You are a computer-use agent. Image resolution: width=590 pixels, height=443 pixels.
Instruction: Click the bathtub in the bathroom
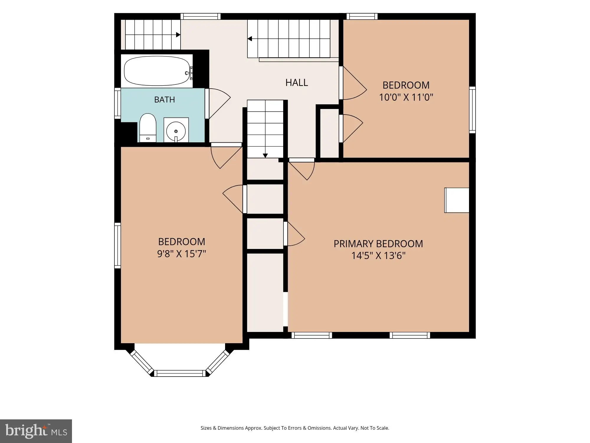pyautogui.click(x=157, y=71)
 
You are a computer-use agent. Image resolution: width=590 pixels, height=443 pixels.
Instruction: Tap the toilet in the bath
pyautogui.click(x=147, y=128)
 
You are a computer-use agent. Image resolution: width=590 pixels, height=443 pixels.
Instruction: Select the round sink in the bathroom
pyautogui.click(x=176, y=131)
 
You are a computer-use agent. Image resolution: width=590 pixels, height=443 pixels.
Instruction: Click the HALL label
pyautogui.click(x=296, y=82)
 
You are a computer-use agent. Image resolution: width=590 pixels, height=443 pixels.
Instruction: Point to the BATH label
pyautogui.click(x=165, y=100)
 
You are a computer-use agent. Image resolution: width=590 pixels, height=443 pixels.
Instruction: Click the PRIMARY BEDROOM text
pyautogui.click(x=378, y=244)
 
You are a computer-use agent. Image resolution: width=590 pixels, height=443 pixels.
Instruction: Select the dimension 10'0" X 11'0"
pyautogui.click(x=406, y=97)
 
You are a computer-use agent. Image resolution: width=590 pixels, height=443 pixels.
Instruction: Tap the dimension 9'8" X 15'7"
pyautogui.click(x=181, y=254)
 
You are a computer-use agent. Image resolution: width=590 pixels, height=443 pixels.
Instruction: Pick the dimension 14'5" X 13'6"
pyautogui.click(x=378, y=255)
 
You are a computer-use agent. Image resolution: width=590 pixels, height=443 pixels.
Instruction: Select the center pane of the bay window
pyautogui.click(x=180, y=373)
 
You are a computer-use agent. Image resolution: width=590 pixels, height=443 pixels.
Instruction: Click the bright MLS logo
pyautogui.click(x=36, y=431)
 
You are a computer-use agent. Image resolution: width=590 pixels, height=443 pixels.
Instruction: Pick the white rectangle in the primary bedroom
pyautogui.click(x=457, y=200)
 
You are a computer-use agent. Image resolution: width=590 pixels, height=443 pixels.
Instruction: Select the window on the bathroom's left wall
pyautogui.click(x=117, y=103)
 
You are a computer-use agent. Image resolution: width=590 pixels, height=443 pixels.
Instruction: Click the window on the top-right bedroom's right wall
pyautogui.click(x=472, y=110)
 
